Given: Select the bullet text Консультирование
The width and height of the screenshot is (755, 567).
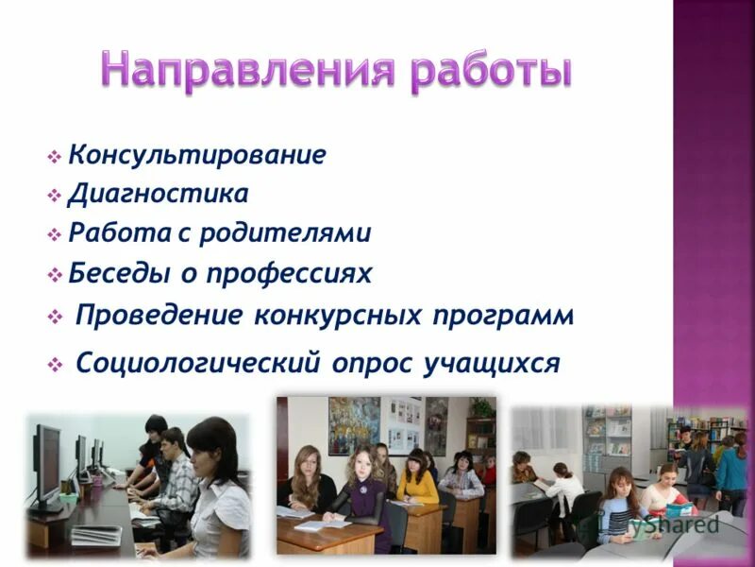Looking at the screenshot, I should pos(196,154).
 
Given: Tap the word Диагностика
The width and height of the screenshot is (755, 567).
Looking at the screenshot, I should pos(158,194).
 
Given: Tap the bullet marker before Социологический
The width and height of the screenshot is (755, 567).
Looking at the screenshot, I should pos(55,363).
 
